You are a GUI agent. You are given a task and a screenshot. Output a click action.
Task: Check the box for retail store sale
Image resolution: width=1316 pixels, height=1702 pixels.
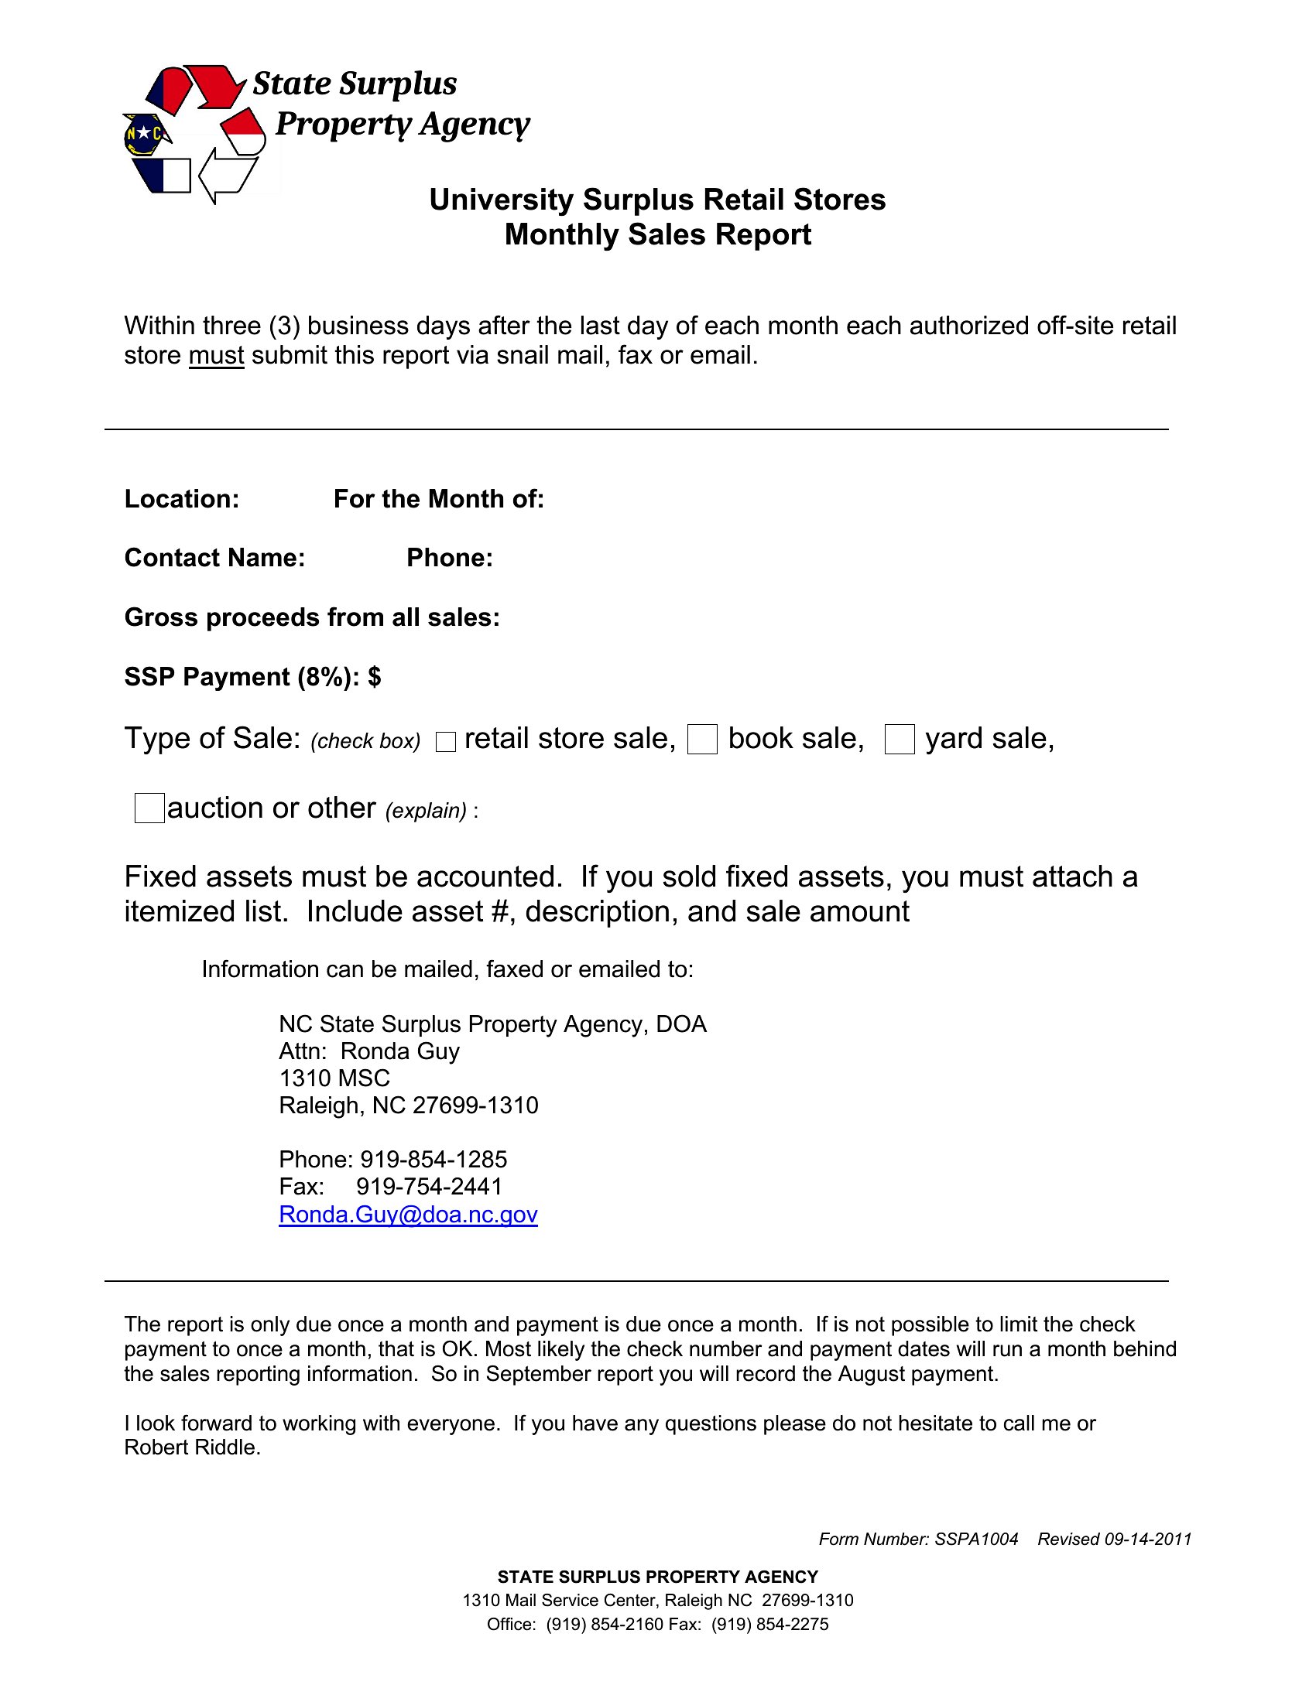[445, 742]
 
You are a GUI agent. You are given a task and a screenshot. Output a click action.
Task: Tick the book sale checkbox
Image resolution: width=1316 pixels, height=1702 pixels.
[701, 739]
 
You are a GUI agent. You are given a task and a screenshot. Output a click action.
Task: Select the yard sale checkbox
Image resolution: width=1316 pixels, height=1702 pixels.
[899, 739]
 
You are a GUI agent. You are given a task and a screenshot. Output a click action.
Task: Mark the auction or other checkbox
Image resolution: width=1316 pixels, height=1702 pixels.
[149, 808]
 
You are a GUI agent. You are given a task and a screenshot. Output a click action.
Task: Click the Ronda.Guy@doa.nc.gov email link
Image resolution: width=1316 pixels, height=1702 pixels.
[408, 1214]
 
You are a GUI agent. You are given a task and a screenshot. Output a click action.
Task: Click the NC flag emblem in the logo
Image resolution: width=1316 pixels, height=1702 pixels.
[145, 135]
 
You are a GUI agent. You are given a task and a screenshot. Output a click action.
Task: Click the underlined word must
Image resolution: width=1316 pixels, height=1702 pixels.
[216, 356]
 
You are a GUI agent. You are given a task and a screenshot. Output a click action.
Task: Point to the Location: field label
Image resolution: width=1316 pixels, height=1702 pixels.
[182, 499]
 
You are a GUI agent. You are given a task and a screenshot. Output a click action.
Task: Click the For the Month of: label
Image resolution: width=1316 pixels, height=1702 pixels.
[438, 499]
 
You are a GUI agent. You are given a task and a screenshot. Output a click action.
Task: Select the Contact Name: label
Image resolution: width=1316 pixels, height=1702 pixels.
[214, 558]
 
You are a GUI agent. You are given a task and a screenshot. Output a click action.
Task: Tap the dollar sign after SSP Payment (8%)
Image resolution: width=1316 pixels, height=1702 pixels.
[374, 676]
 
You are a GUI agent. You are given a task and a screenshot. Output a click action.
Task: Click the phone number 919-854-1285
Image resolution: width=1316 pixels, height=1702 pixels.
[433, 1160]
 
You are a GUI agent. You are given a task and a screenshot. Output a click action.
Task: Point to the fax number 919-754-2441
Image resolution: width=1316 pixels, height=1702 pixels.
[429, 1187]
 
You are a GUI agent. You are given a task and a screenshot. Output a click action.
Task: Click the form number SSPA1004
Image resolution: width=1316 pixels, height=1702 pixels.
[976, 1539]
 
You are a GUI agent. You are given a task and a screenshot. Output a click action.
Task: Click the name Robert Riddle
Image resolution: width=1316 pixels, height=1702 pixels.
[191, 1448]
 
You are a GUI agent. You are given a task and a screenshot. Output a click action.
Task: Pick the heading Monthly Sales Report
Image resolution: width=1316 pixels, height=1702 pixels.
[657, 234]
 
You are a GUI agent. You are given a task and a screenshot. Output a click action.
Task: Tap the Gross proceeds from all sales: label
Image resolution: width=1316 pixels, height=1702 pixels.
[312, 617]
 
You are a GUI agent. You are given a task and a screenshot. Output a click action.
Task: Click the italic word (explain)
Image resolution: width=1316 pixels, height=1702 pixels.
[426, 812]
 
